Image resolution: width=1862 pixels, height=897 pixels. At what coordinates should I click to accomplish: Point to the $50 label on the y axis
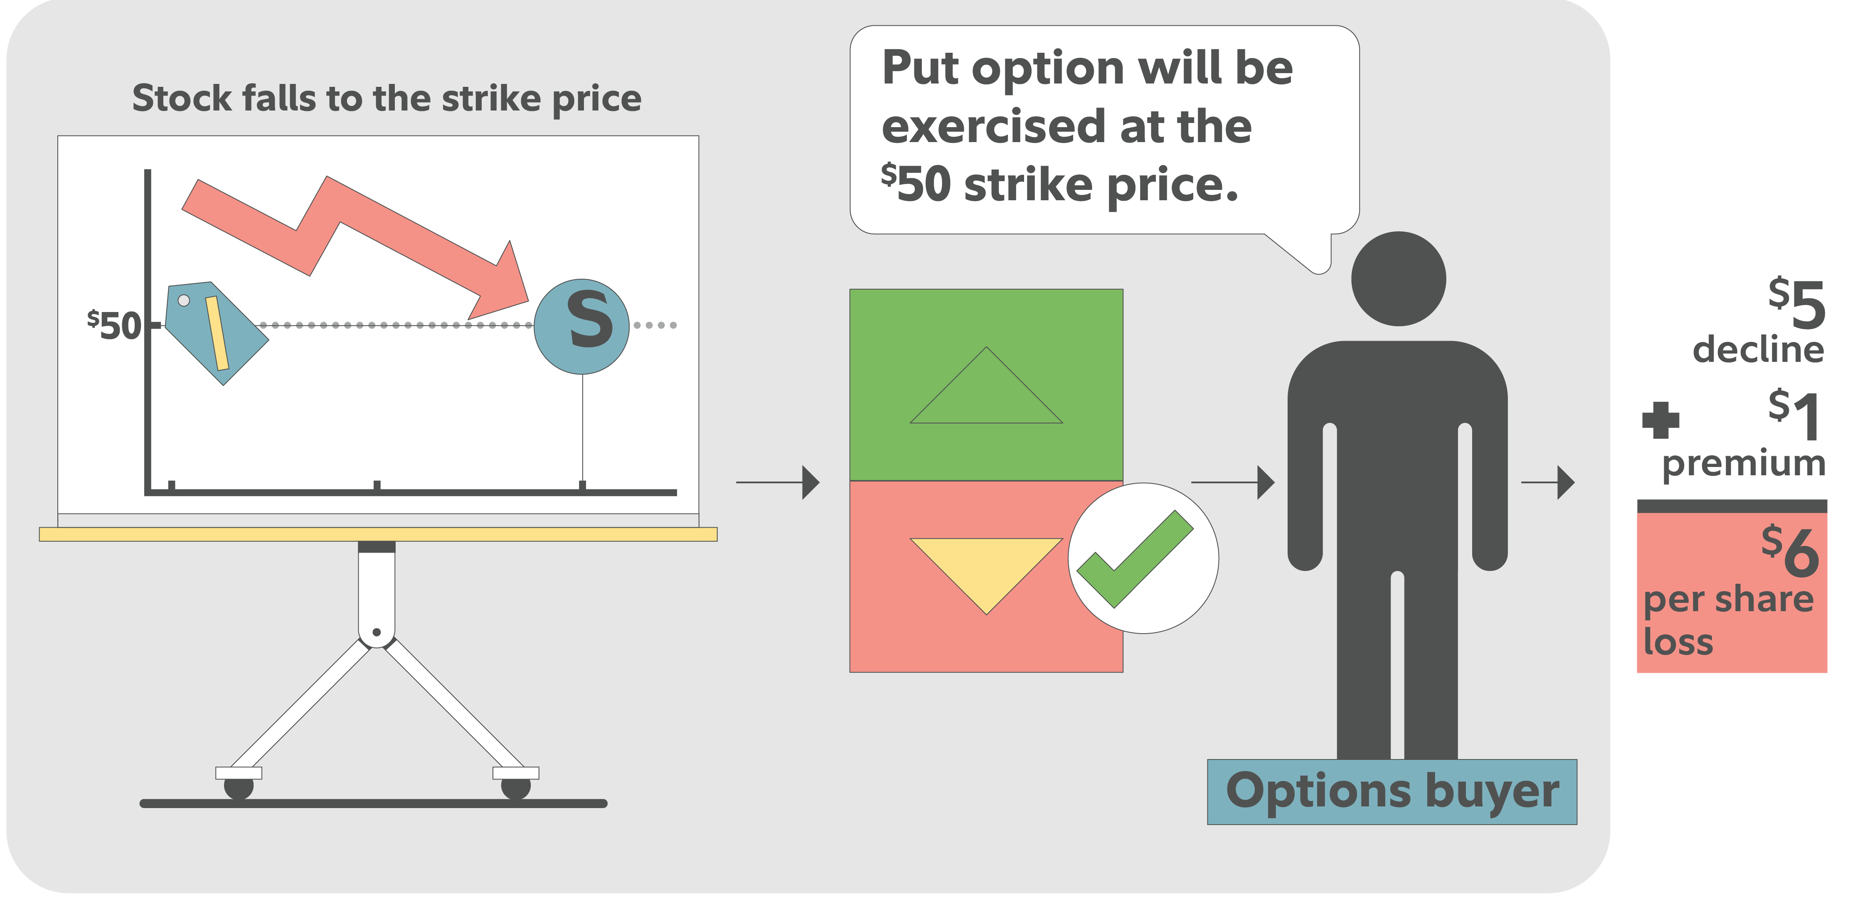pos(115,325)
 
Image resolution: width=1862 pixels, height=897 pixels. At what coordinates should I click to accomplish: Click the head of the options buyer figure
pos(1398,279)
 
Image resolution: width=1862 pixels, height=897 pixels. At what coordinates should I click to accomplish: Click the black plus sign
pos(1660,420)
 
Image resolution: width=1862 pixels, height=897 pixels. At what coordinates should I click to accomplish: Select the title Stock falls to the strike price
pos(387,98)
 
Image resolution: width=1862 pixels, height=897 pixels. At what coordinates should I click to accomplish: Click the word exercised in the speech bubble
pos(993,126)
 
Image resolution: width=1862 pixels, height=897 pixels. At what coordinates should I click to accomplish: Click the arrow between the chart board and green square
pos(778,482)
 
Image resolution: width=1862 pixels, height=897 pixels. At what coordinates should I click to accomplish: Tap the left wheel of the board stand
pos(239,786)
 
